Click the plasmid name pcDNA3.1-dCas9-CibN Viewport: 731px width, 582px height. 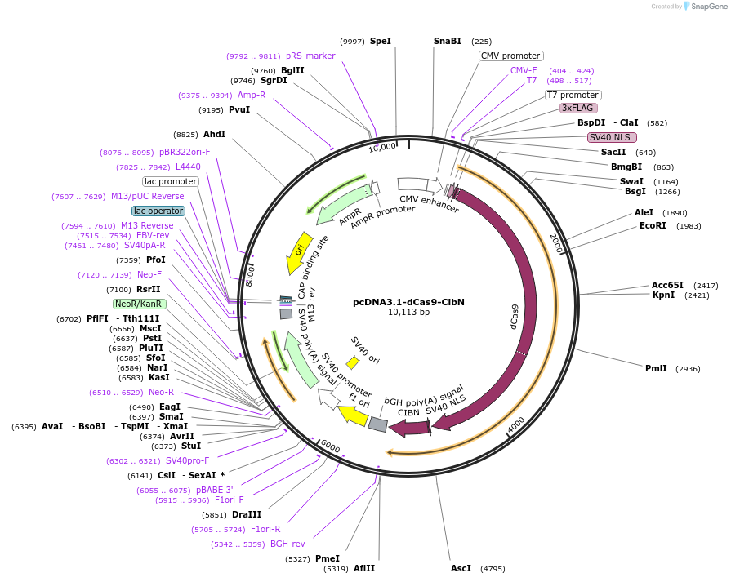click(408, 301)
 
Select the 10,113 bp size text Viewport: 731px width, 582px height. click(408, 312)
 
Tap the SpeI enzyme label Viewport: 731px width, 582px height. click(381, 41)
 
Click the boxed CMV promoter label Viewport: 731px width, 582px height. click(510, 56)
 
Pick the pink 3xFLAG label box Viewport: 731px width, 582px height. click(578, 108)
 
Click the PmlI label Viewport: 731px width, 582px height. click(656, 368)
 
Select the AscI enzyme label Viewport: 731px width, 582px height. click(461, 568)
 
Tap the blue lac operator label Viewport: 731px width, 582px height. click(158, 211)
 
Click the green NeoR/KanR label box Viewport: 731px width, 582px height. click(139, 304)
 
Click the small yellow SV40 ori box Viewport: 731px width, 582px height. click(353, 361)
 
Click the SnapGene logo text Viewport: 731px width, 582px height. click(707, 7)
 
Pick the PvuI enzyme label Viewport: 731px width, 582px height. click(239, 109)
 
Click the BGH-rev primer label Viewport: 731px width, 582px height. click(287, 544)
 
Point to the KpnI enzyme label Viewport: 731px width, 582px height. click(663, 295)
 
